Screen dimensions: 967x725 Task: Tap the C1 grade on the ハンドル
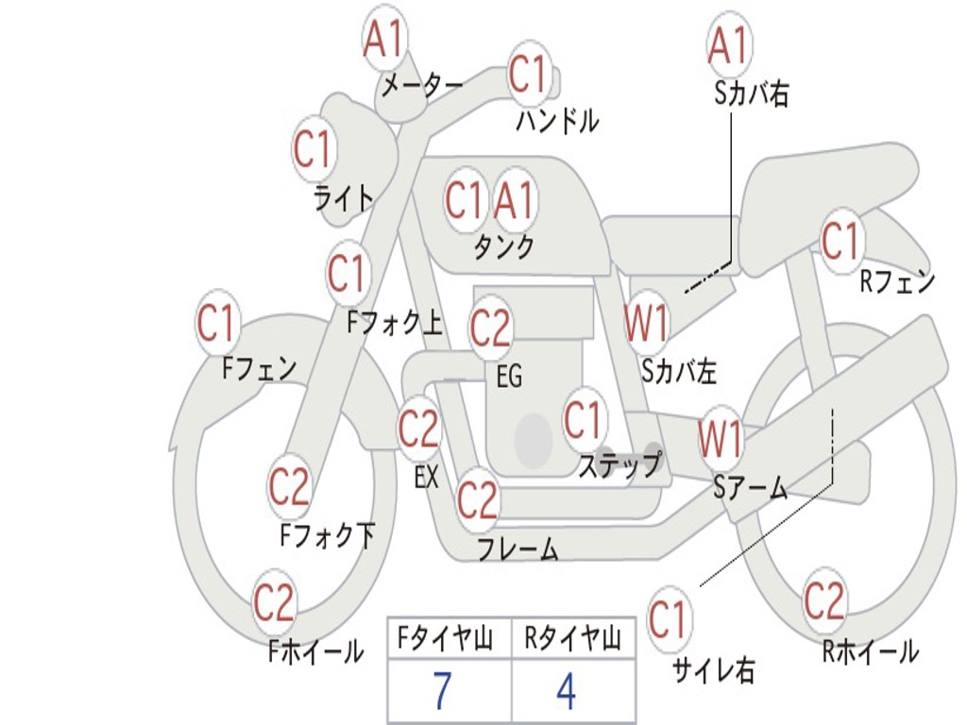(x=529, y=75)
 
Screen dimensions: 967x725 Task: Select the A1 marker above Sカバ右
(x=729, y=44)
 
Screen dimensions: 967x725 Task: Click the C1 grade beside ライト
(x=313, y=148)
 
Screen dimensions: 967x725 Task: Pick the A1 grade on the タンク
(x=514, y=198)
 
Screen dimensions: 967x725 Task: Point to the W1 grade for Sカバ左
(x=646, y=321)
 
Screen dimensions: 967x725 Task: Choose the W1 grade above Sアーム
(x=720, y=438)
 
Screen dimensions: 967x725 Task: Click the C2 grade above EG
(x=490, y=327)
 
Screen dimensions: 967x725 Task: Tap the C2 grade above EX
(x=418, y=428)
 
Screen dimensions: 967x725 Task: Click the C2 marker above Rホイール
(x=823, y=599)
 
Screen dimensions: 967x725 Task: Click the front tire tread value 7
(x=442, y=690)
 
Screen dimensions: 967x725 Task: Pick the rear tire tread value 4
(x=566, y=690)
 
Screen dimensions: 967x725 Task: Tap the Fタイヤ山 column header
(x=445, y=638)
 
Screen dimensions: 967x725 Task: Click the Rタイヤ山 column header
(x=572, y=638)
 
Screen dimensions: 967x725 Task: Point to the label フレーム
(x=518, y=548)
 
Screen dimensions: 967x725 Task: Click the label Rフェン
(x=897, y=281)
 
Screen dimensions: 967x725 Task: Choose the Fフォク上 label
(x=395, y=321)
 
